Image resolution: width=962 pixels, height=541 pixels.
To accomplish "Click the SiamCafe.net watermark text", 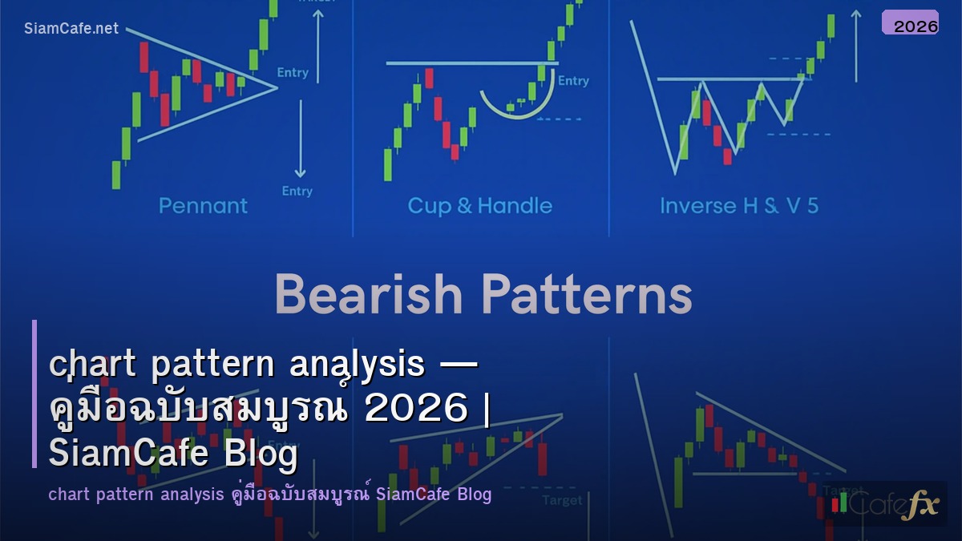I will tap(71, 29).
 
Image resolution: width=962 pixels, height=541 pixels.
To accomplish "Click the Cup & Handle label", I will tap(479, 206).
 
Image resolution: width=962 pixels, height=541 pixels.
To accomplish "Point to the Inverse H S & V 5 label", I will tap(738, 206).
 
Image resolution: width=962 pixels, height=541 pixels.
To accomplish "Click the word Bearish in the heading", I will tap(369, 296).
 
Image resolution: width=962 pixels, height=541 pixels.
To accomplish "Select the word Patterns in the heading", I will tap(589, 296).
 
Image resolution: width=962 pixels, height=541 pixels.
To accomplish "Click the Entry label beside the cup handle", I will tap(573, 81).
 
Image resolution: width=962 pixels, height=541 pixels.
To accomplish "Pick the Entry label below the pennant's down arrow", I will tap(297, 191).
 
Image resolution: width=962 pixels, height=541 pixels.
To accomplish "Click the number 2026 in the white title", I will tap(414, 409).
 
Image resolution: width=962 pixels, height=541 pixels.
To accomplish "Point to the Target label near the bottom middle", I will tap(562, 500).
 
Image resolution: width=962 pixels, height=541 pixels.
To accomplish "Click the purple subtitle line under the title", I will tap(269, 495).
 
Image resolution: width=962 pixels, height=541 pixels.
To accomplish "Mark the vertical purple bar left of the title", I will tap(34, 394).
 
